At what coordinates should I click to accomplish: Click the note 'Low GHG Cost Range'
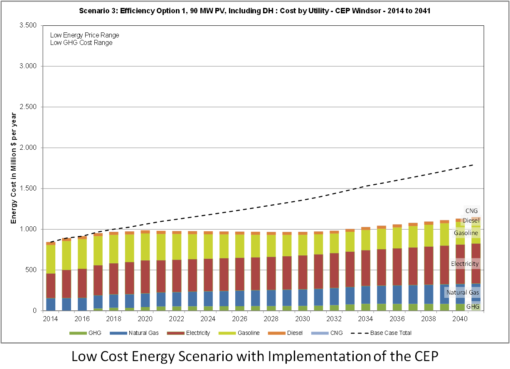point(81,42)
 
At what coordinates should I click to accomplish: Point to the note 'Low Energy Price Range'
point(84,35)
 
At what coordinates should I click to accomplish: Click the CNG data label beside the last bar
point(471,211)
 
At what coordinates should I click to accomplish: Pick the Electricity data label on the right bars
point(465,264)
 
